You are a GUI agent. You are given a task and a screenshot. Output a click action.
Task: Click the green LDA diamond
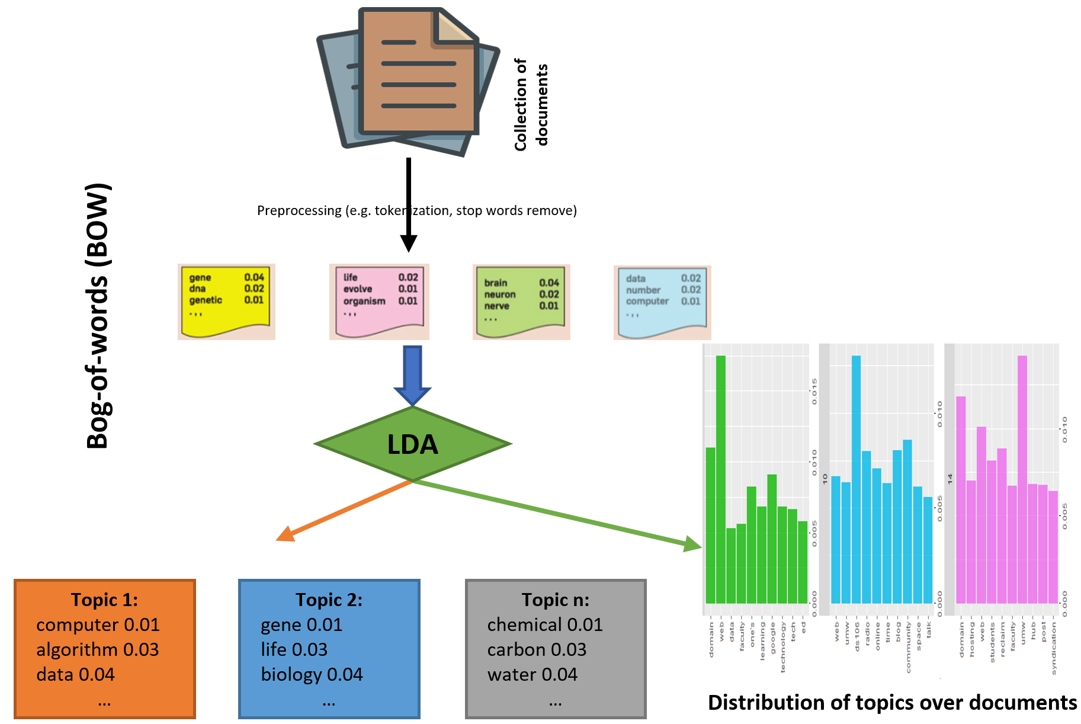pos(413,444)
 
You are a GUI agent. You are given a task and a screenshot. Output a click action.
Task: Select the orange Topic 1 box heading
pos(104,600)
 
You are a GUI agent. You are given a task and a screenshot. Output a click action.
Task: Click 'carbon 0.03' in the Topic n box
pos(537,649)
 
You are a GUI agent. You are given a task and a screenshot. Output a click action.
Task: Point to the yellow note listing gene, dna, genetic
pos(226,301)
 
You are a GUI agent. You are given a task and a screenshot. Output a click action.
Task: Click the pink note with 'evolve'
pos(379,301)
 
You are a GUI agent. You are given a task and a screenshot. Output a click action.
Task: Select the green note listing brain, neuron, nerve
pos(521,302)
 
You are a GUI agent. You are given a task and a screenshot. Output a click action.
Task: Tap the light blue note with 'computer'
pos(662,302)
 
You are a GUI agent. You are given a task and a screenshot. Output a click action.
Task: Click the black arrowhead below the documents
pos(409,243)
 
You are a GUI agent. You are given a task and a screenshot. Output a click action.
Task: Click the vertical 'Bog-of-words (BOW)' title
pos(98,315)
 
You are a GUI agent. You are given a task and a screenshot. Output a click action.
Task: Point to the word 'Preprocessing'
pos(299,210)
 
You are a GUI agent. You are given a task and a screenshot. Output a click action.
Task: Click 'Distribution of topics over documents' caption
pos(892,702)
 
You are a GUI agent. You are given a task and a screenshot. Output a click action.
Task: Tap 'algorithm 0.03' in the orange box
pos(98,649)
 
